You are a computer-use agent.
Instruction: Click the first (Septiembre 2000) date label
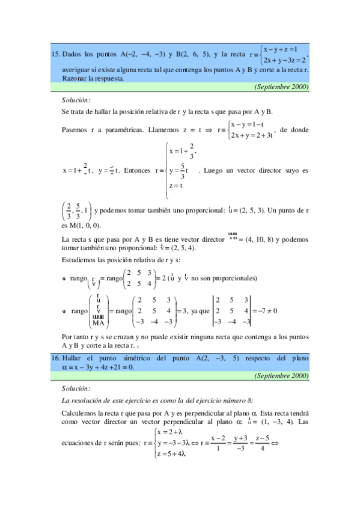(281, 87)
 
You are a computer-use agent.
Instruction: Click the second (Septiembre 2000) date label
(281, 376)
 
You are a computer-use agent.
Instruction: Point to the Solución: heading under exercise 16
(76, 389)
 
